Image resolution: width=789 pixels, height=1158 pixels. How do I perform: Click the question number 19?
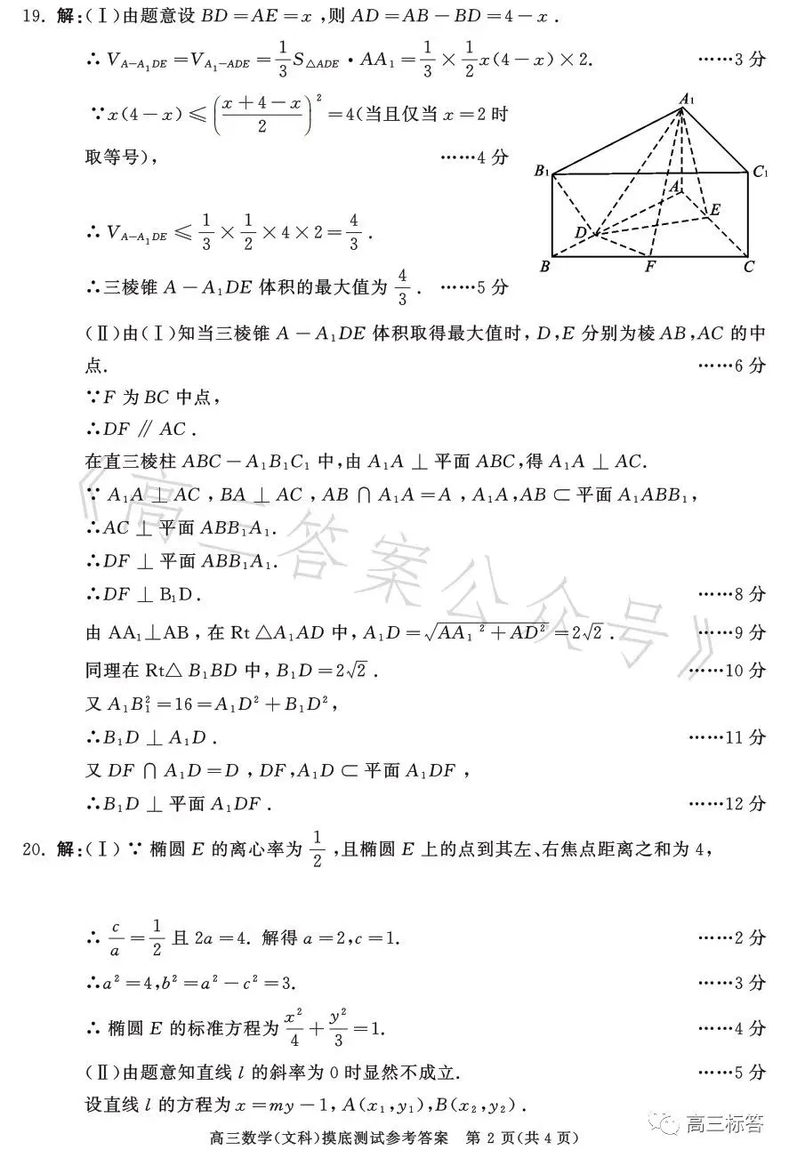click(31, 17)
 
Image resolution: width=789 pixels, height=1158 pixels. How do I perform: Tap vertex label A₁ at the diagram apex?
click(686, 100)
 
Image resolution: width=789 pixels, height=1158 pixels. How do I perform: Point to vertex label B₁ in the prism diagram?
click(541, 172)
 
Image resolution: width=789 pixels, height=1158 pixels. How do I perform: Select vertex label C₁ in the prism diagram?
click(759, 172)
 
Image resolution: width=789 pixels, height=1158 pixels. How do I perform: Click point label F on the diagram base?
click(650, 265)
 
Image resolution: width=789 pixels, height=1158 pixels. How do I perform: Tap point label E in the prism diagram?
click(713, 210)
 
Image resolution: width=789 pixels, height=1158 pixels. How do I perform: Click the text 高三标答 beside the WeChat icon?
click(724, 1124)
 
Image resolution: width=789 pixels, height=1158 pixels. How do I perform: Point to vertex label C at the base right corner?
click(750, 265)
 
